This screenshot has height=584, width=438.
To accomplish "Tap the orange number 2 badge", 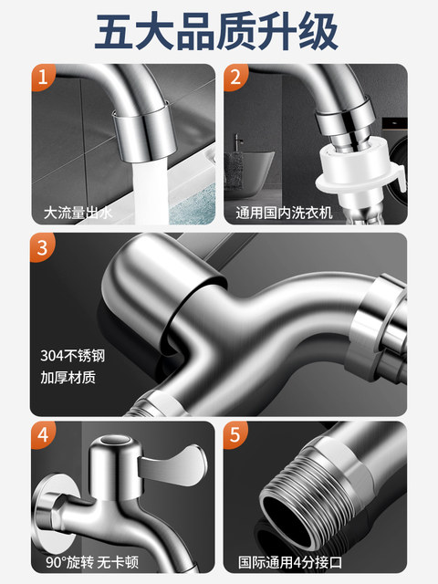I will point(235,78).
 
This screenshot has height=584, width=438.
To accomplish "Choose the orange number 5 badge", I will point(235,435).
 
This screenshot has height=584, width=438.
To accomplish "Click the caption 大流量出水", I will point(79,214).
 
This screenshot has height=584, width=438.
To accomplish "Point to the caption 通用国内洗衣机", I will point(283,214).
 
